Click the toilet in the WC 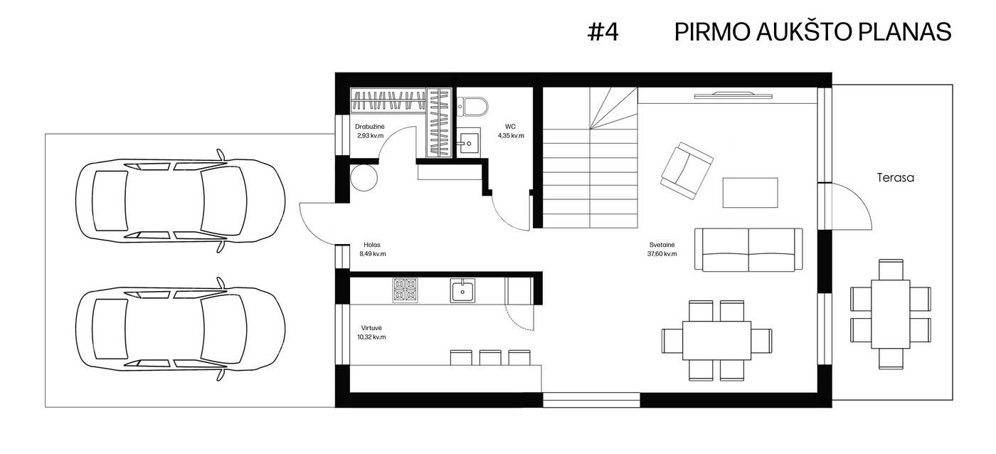(x=472, y=107)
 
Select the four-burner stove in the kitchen (x=405, y=290)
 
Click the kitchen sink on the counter (x=462, y=290)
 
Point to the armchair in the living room (x=687, y=171)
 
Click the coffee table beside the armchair (x=750, y=193)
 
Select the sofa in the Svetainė (x=748, y=250)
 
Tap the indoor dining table (x=717, y=341)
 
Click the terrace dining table (x=891, y=314)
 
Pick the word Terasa (x=896, y=178)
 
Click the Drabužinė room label (x=370, y=127)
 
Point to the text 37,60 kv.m (x=662, y=254)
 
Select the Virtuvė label (x=371, y=328)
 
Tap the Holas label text (x=372, y=245)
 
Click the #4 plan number (x=603, y=31)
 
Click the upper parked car (x=181, y=201)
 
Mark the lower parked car (x=181, y=329)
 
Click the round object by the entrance (x=364, y=177)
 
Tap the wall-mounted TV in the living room (x=733, y=95)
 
